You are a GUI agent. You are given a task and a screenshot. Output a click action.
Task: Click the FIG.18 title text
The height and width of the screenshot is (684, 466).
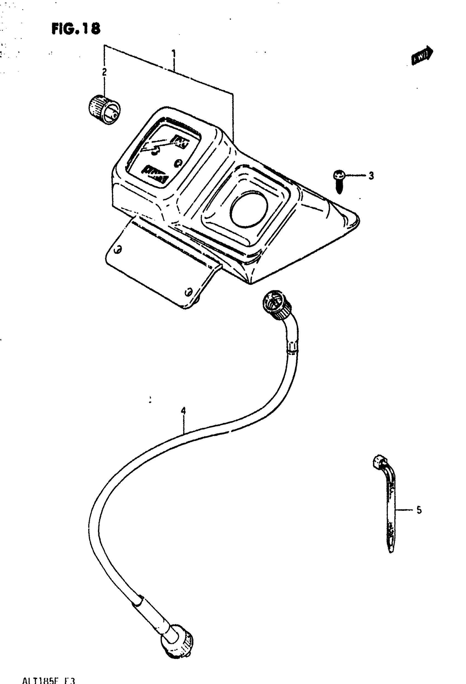click(76, 29)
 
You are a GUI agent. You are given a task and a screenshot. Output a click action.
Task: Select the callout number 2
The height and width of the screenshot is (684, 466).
click(104, 72)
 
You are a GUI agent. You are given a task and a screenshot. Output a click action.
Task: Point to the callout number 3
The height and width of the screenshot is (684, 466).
click(371, 176)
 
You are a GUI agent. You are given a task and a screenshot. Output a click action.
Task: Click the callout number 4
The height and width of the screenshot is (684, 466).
click(183, 411)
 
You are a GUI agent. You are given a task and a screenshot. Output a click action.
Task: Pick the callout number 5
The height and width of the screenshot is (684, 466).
click(419, 510)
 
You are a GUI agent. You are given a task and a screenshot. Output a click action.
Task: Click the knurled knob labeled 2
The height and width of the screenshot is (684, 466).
click(104, 109)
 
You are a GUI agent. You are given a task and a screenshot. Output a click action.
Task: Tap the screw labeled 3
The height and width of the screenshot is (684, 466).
click(339, 181)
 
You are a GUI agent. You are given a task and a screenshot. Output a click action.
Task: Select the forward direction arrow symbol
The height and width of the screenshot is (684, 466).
click(422, 55)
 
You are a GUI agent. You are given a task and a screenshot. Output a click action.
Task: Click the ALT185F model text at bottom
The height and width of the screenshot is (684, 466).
click(49, 680)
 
